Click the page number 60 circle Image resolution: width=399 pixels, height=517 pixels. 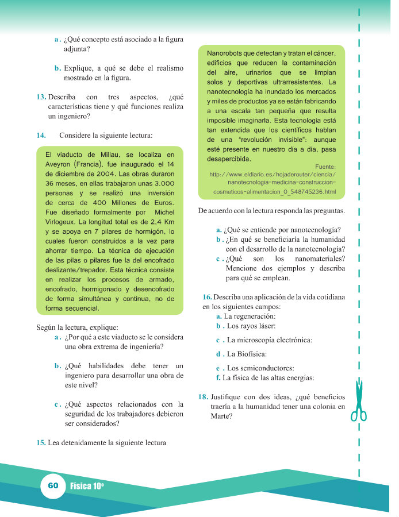(x=53, y=486)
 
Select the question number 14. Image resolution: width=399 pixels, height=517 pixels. (x=40, y=135)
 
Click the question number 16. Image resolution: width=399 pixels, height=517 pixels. (x=208, y=296)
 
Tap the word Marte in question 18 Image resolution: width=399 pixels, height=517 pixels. (x=222, y=417)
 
